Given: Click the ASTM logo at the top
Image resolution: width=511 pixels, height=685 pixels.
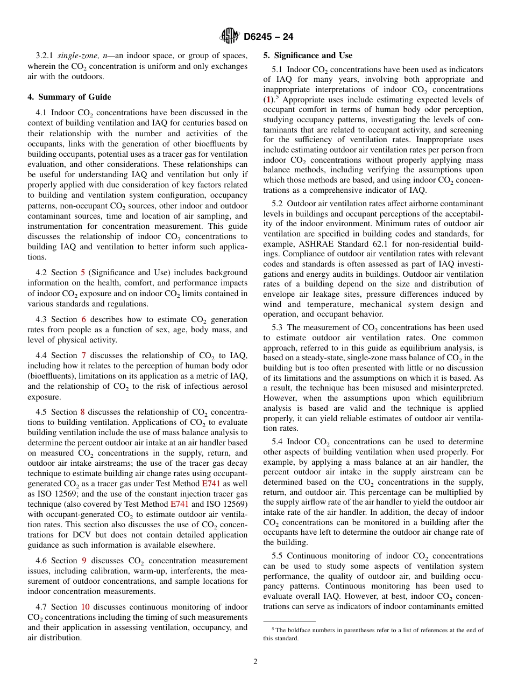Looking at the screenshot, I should click(230, 37).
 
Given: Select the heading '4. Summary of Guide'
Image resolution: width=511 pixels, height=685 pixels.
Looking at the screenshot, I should click(69, 97).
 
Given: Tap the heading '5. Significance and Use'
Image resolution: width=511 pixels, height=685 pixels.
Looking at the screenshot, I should click(308, 55).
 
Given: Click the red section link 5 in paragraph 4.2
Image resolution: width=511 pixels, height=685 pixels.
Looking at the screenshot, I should click(83, 272).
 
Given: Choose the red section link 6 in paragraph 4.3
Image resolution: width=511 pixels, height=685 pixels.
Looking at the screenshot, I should click(83, 319).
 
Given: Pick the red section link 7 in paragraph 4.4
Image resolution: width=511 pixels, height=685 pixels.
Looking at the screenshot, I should click(83, 355).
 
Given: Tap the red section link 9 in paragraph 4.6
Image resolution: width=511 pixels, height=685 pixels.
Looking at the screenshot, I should click(83, 561).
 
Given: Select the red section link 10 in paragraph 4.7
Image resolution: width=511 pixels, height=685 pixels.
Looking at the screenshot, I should click(85, 607).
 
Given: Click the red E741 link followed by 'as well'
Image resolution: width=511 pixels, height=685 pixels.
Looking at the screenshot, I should click(211, 484).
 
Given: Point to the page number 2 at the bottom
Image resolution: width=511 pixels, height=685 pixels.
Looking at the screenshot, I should click(256, 662).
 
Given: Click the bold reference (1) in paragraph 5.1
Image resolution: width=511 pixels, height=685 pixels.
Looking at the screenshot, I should click(267, 100).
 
